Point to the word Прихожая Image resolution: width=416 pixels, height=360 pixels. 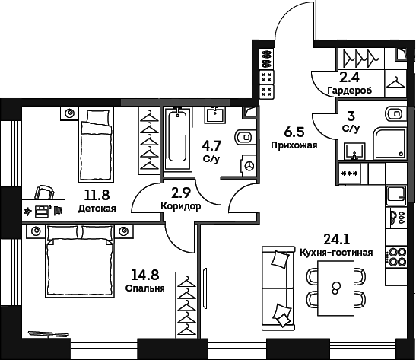click(x=294, y=145)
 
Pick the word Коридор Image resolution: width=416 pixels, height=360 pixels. click(x=181, y=206)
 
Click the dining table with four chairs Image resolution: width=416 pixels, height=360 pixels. click(x=335, y=288)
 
